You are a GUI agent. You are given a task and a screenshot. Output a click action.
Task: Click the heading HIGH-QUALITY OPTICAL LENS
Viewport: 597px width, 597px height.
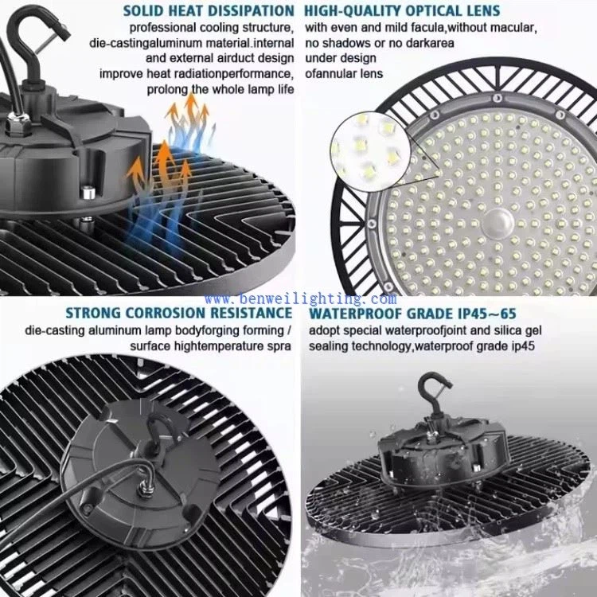[403, 11]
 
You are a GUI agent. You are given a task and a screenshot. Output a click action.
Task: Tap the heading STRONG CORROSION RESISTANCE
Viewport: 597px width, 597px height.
[180, 314]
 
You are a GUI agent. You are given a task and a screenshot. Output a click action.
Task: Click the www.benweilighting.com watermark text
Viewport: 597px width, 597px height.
[299, 298]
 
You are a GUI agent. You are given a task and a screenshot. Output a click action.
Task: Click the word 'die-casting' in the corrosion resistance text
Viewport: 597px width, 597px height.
[52, 330]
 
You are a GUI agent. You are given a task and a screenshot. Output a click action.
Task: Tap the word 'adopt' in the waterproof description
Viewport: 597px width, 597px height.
[323, 330]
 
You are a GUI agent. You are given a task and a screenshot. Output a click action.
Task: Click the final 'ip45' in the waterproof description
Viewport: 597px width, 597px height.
[521, 346]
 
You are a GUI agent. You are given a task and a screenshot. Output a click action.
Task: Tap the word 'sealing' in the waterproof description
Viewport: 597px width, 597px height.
[327, 346]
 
